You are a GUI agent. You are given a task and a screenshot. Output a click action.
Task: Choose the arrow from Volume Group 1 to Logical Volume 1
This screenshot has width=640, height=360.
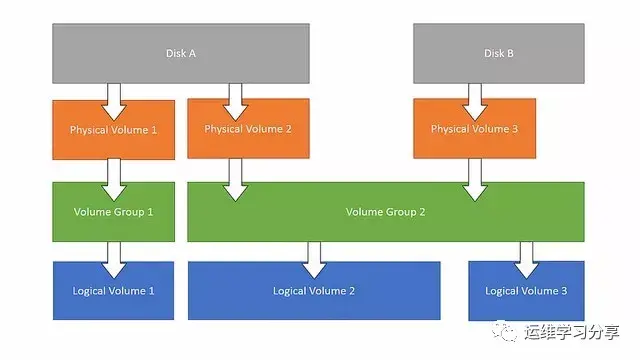[113, 259]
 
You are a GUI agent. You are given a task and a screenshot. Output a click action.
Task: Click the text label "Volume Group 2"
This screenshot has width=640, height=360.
[385, 211]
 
